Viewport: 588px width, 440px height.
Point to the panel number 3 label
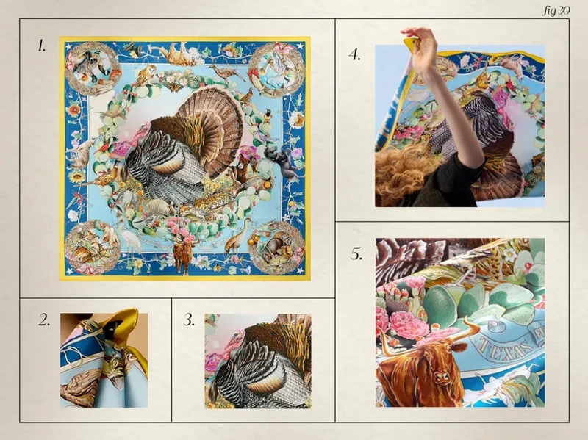coord(189,320)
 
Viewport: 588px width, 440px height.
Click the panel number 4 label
coord(355,55)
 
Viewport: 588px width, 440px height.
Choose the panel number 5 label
coord(356,254)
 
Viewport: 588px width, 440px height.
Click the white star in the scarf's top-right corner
coord(300,46)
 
